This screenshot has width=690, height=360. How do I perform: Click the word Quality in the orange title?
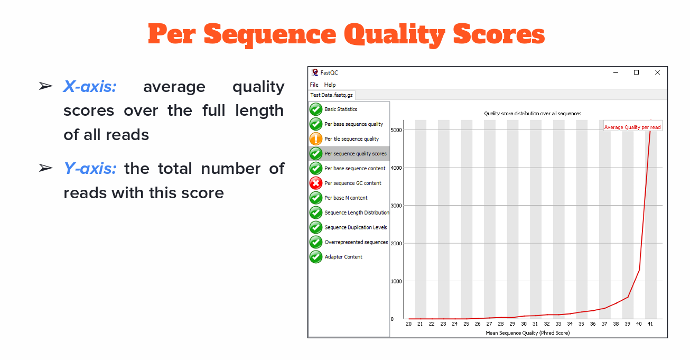pos(394,35)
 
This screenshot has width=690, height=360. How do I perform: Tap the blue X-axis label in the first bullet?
pos(90,87)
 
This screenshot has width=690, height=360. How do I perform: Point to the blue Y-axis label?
pos(90,169)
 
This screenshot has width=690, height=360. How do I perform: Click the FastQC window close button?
pos(657,72)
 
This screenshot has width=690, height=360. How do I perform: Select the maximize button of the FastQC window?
pos(636,72)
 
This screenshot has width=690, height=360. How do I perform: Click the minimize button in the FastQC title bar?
pos(616,73)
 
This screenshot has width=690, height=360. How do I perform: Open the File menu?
pos(314,85)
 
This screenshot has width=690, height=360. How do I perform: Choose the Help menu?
pos(330,85)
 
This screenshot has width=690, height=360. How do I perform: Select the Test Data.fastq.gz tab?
pos(331,95)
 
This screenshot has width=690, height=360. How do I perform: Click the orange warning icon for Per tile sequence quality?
pos(316,139)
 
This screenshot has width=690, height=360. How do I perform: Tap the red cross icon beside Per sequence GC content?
pos(316,183)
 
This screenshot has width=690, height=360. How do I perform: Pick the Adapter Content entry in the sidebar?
pos(343,257)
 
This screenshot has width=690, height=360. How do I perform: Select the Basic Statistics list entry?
pos(341,109)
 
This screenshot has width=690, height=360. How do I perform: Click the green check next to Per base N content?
pos(316,198)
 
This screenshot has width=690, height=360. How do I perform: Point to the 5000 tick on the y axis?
pos(396,130)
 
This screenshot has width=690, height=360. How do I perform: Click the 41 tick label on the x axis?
pos(650,324)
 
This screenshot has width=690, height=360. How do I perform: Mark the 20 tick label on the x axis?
pos(408,324)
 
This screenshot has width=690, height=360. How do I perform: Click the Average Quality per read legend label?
pos(632,127)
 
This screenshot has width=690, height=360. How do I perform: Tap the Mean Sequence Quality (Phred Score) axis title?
pos(528,333)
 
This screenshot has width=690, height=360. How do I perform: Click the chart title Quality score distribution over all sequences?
pos(533,114)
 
